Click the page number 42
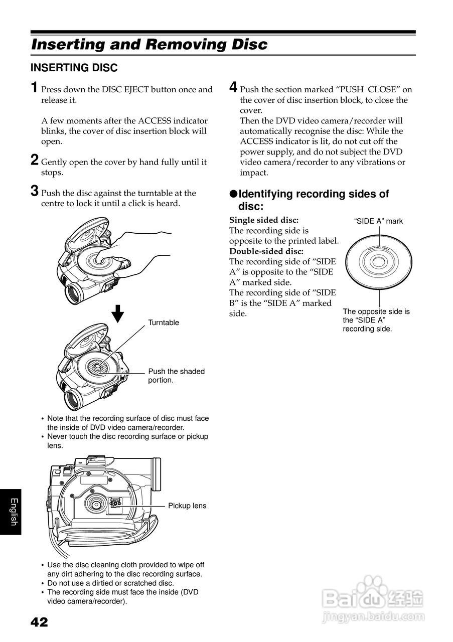coord(39,622)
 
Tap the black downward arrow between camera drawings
coord(117,314)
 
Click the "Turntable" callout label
coord(163,323)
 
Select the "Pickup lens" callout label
coord(187,506)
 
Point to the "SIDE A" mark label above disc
coord(378,221)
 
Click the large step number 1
coord(34,88)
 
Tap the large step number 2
coord(34,160)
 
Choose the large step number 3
coord(34,191)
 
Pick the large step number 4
coord(233,88)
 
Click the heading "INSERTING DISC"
coord(74,68)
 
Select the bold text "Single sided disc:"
coord(264,220)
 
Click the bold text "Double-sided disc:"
coord(266,251)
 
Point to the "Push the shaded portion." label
coord(176,376)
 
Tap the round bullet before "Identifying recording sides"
coord(233,194)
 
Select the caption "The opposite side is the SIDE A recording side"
coord(376,320)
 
